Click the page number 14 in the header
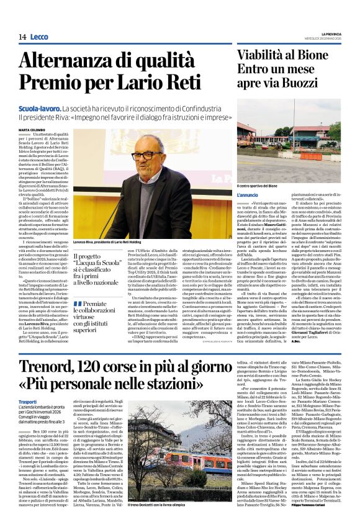coord(22,37)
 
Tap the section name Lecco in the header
coord(38,37)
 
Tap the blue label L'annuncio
coord(248,195)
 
